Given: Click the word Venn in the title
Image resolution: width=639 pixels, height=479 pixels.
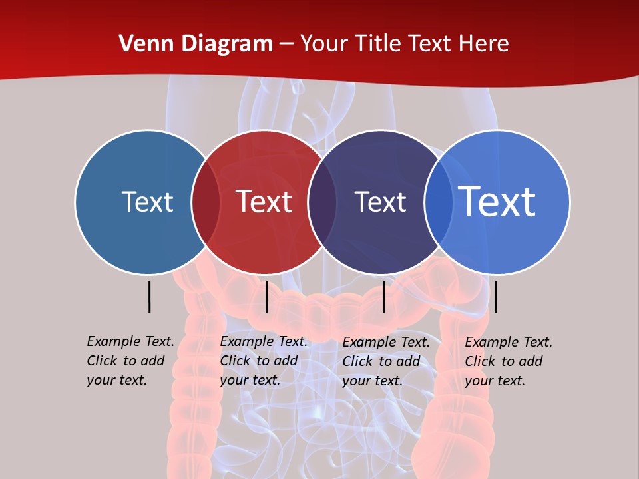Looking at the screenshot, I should coord(141,44).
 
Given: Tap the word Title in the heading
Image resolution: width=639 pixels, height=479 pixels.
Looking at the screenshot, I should coord(377,44).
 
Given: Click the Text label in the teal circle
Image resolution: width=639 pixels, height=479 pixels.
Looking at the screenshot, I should coord(147,202).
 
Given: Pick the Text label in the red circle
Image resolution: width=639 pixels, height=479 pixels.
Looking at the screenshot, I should coord(264,202).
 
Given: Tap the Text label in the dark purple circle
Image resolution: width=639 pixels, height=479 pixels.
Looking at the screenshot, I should coord(380,202).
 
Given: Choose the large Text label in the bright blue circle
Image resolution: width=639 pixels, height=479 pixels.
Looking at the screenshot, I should coord(497,202).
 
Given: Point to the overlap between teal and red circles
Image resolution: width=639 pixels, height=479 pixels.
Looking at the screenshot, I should coord(206,202).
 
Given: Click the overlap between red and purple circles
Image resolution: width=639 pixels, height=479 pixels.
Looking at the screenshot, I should coord(322,202).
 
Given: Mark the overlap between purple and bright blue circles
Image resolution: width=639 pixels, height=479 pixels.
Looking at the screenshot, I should coord(439,202).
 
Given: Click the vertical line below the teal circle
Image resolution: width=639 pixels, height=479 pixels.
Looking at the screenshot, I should coord(150,297).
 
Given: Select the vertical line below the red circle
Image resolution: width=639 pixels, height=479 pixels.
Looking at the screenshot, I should coord(266,297).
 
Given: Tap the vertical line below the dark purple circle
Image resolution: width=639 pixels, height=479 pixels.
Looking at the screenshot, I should coord(384,297).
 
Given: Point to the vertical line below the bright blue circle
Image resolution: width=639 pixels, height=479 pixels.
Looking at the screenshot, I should coord(496,297).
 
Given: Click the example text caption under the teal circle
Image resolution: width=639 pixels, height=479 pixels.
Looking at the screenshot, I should coord(130,361).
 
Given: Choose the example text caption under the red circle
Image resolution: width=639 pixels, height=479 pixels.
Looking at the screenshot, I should coord(264,361).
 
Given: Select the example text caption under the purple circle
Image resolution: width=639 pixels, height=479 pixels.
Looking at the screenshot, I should coord(386,361).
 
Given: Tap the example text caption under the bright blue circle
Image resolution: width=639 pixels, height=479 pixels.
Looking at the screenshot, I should coord(509,361).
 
